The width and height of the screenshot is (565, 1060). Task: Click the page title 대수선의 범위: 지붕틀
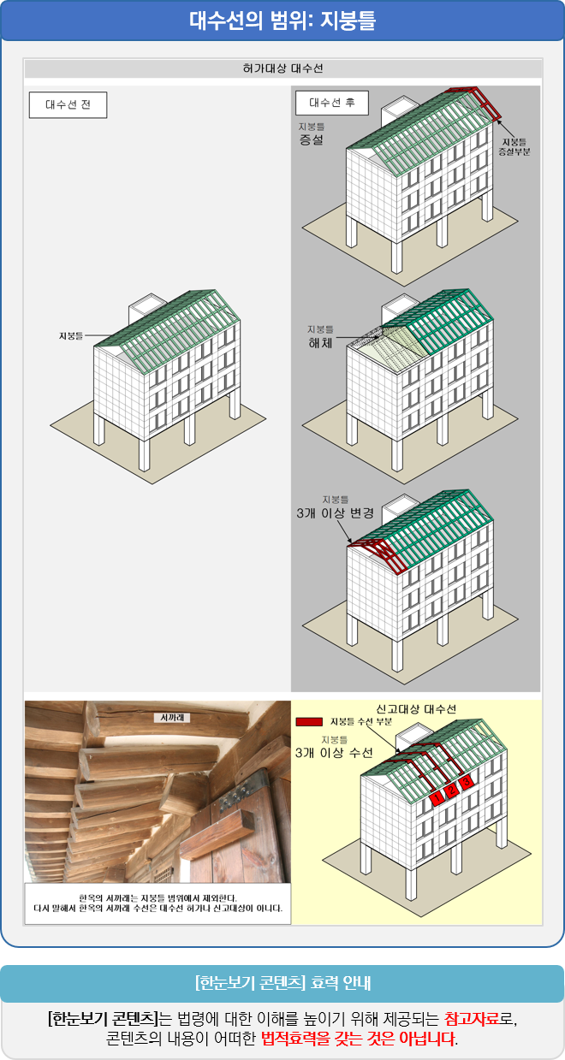click(x=282, y=21)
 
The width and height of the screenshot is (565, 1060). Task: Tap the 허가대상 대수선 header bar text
click(x=282, y=68)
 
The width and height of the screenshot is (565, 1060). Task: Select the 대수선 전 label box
click(x=68, y=104)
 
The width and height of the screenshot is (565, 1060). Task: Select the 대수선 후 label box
click(x=332, y=103)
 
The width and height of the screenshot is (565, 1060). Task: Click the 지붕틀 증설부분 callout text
click(x=514, y=146)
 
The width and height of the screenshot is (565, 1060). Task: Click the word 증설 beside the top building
click(x=311, y=140)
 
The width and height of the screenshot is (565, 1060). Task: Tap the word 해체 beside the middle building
click(x=321, y=342)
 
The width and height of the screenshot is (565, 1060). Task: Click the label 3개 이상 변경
click(x=336, y=513)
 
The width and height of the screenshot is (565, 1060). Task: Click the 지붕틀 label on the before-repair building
click(x=71, y=336)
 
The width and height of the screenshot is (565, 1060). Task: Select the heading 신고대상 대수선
click(x=416, y=709)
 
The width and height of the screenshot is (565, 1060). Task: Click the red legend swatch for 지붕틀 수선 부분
click(x=309, y=722)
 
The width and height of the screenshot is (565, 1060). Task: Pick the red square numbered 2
click(x=452, y=790)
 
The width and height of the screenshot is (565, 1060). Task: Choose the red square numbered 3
click(x=467, y=781)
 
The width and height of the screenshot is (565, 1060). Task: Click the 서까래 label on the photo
click(x=172, y=718)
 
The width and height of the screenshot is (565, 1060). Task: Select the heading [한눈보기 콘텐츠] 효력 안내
click(x=282, y=983)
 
